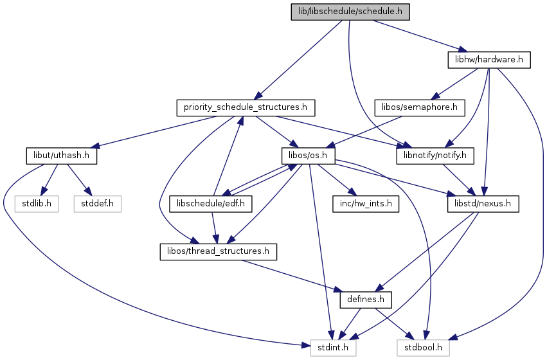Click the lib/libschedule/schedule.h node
click(x=350, y=12)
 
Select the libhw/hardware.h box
click(x=489, y=60)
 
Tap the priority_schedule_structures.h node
click(x=246, y=108)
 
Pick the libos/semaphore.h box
click(x=420, y=108)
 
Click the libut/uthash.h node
click(x=62, y=156)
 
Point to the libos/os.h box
click(x=308, y=156)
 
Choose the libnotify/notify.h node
click(x=435, y=156)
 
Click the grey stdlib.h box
click(x=37, y=204)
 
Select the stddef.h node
click(x=97, y=204)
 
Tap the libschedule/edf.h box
click(x=211, y=204)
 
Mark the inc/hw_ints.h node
click(x=366, y=204)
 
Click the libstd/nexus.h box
click(x=483, y=204)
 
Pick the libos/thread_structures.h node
click(x=219, y=252)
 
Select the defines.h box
click(x=366, y=300)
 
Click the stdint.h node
click(x=333, y=348)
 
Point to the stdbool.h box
click(x=423, y=348)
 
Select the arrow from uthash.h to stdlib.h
click(x=49, y=180)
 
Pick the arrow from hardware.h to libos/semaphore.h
click(x=455, y=84)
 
